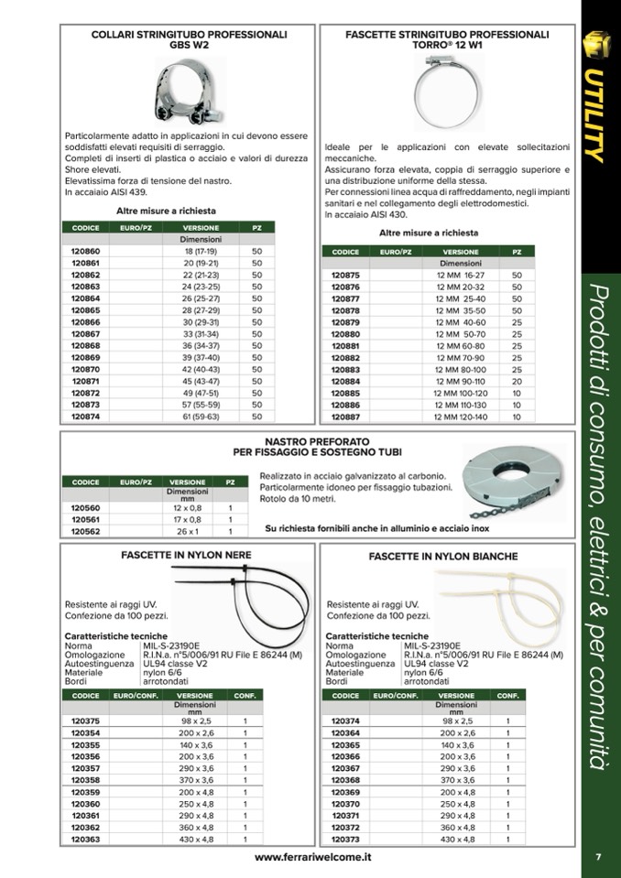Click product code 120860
[x=85, y=250]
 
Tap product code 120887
[x=345, y=417]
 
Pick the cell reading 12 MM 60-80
[x=461, y=346]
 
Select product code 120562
[x=85, y=531]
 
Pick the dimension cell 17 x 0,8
[x=188, y=519]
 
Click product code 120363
[x=85, y=839]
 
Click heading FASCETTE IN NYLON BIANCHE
[x=443, y=556]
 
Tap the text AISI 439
[x=125, y=193]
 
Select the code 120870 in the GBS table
[x=85, y=368]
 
